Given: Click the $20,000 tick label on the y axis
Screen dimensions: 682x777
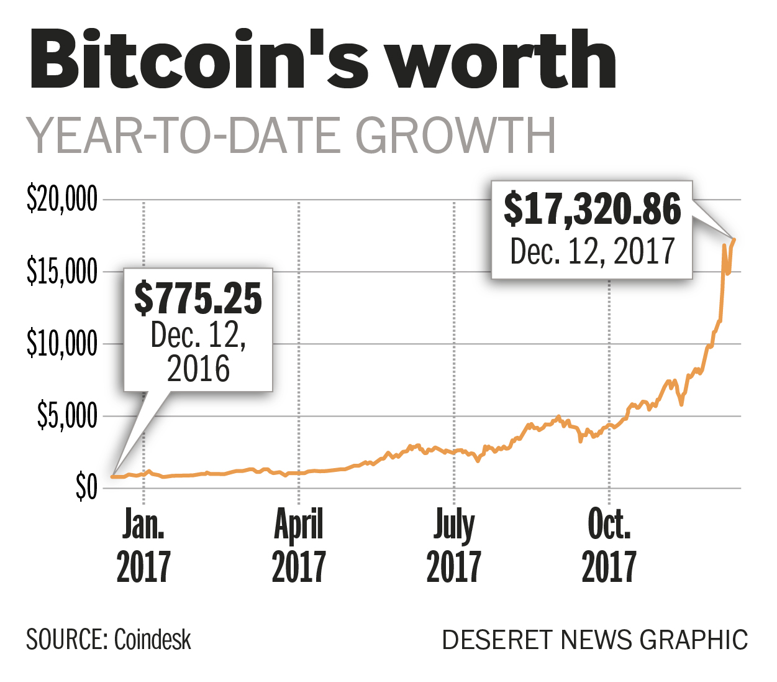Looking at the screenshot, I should tap(62, 200).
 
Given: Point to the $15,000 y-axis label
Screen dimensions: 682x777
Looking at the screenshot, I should tap(62, 272).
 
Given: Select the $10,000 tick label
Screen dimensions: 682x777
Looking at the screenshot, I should tap(62, 344).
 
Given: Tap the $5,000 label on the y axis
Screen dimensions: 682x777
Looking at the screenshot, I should tap(67, 415).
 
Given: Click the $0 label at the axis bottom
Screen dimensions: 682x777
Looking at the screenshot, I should tap(86, 487).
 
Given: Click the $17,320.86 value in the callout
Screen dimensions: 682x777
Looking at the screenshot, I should tap(592, 209).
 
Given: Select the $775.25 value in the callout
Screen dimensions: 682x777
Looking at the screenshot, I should tap(198, 298).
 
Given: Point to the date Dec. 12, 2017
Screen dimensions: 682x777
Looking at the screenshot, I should tap(592, 252).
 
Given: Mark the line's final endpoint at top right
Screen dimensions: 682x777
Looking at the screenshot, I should tap(734, 239).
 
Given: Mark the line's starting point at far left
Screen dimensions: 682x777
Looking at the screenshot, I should tap(112, 477).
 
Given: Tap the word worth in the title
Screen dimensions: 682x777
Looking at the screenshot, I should tap(503, 61).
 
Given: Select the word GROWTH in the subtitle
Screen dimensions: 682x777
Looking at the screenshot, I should tap(455, 136).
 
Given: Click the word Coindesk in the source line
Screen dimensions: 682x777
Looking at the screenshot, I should tap(153, 640).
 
